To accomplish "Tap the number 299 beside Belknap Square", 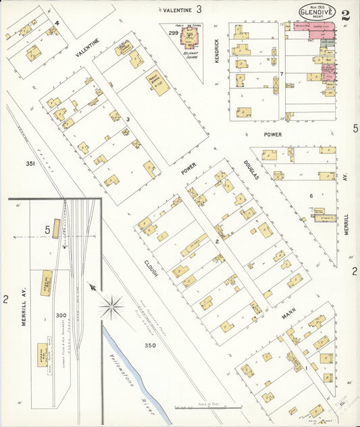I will pyautogui.click(x=174, y=32).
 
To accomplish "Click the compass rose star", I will pyautogui.click(x=112, y=307).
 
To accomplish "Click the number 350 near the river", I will pyautogui.click(x=150, y=346).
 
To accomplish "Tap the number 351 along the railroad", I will pyautogui.click(x=30, y=164).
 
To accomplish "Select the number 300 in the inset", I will pyautogui.click(x=61, y=316).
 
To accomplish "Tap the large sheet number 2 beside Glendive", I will pyautogui.click(x=346, y=16).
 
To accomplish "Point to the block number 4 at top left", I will pyautogui.click(x=57, y=23).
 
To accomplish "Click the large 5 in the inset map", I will pyautogui.click(x=48, y=230).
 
